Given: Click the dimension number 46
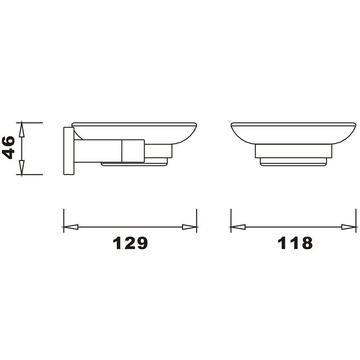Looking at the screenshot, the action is click(x=8, y=148).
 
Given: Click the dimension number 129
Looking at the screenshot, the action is click(x=130, y=243).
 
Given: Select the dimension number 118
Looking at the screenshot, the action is click(x=295, y=243).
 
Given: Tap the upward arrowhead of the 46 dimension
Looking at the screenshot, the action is click(x=22, y=130).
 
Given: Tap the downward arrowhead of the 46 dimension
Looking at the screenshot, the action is click(x=22, y=167).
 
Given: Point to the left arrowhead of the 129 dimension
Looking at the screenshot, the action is click(x=71, y=227).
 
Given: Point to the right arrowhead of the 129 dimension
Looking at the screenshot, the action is click(x=189, y=227).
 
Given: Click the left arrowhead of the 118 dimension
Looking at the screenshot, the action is click(x=238, y=227).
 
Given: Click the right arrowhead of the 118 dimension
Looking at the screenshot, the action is click(x=348, y=227).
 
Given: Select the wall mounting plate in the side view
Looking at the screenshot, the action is click(x=69, y=151).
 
